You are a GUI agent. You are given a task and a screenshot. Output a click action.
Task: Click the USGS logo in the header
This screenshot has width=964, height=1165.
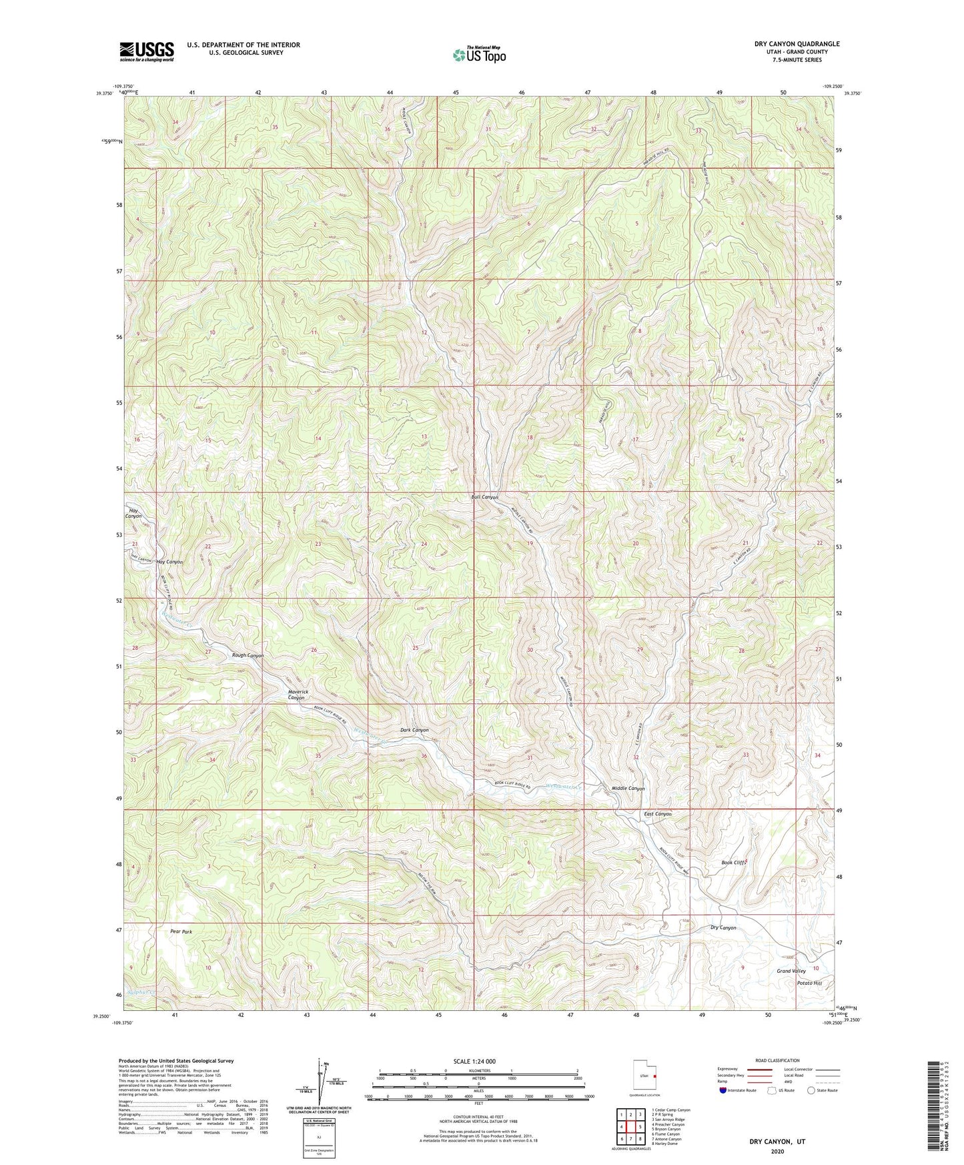point(147,51)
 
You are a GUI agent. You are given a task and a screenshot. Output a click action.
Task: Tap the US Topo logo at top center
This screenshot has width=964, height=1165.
point(478,55)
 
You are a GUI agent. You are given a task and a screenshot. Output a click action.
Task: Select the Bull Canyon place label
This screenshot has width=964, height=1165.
point(485,497)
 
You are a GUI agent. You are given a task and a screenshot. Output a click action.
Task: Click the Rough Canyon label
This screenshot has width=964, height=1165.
point(248,655)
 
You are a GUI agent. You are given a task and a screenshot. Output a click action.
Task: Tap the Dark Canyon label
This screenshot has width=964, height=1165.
point(414,730)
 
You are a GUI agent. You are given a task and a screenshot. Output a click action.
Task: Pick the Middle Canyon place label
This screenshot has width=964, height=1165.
point(628,789)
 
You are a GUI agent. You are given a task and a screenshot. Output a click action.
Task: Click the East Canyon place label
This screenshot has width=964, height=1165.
point(658,814)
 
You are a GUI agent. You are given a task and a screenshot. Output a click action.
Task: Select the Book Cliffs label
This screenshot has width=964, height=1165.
point(734,863)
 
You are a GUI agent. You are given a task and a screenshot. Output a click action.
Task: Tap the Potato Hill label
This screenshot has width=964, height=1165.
point(809,984)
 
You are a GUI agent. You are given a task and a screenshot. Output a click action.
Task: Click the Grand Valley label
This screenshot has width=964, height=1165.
point(791,971)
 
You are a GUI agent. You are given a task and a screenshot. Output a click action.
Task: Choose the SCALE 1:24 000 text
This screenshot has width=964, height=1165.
point(474,1062)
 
